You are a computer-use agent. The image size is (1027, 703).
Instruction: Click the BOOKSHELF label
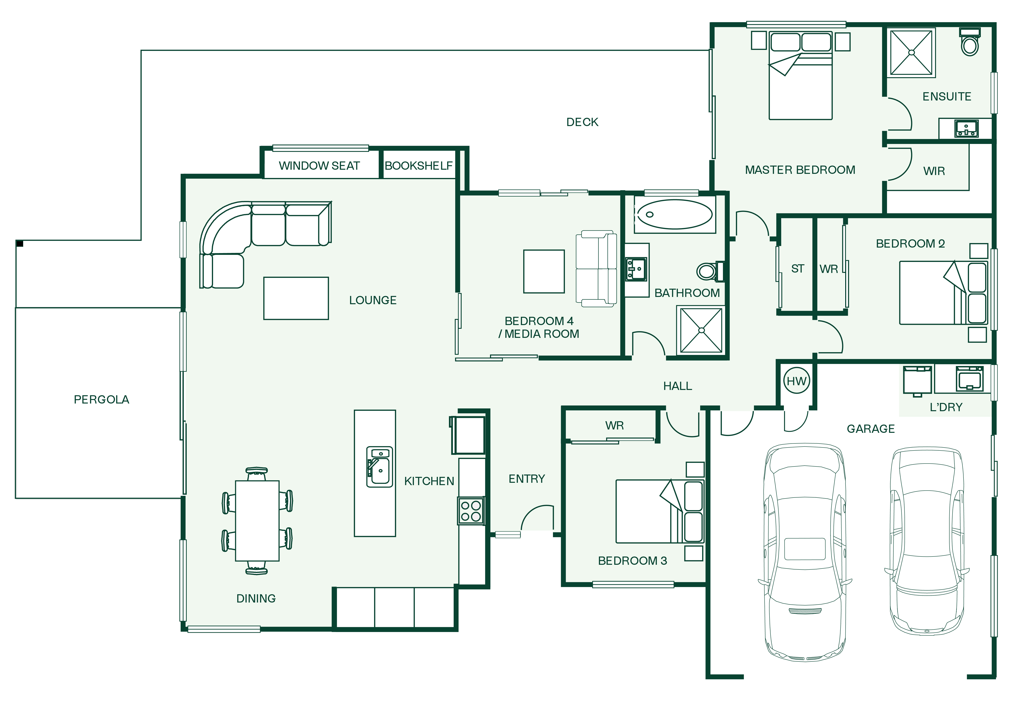coord(418,166)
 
